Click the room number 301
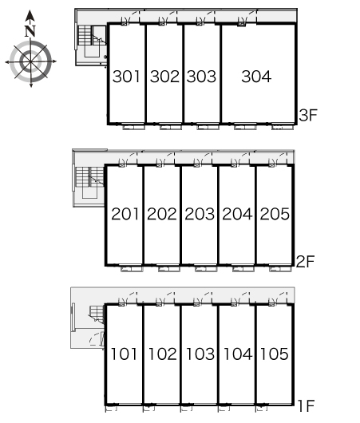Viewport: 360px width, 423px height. (x=126, y=77)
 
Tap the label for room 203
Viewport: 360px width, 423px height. (x=200, y=214)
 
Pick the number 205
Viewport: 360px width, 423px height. (x=275, y=214)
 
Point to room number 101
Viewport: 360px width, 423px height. (x=124, y=354)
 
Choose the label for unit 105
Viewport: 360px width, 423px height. (x=274, y=354)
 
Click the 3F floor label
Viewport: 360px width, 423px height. (x=308, y=115)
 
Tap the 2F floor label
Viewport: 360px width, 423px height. (x=306, y=261)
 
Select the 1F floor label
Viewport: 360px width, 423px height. (x=306, y=405)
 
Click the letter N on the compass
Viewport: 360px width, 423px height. (x=30, y=31)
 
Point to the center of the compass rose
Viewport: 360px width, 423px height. (x=31, y=61)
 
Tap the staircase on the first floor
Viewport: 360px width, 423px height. (x=97, y=314)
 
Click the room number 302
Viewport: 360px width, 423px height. (x=164, y=77)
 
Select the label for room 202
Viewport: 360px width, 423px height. (x=162, y=214)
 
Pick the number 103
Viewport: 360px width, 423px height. (x=200, y=354)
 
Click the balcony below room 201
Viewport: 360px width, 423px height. (x=132, y=269)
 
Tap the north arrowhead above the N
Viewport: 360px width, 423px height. (x=30, y=16)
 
